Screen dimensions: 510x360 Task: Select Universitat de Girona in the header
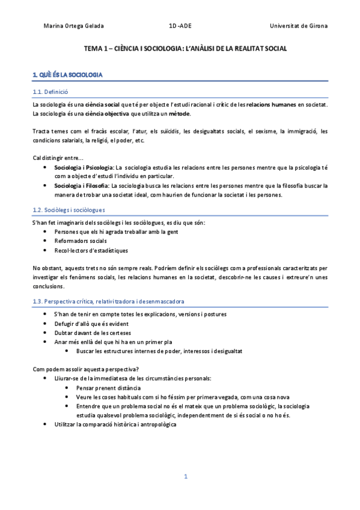pyautogui.click(x=299, y=26)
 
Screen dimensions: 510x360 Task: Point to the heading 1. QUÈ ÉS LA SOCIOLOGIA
pyautogui.click(x=67, y=75)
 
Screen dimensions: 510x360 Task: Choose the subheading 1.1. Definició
pyautogui.click(x=50, y=92)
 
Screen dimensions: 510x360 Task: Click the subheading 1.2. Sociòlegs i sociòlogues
pyautogui.click(x=69, y=210)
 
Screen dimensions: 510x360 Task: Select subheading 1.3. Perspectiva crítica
pyautogui.click(x=109, y=301)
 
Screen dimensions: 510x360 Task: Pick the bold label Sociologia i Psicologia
pyautogui.click(x=84, y=167)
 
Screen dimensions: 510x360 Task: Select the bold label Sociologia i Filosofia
pyautogui.click(x=82, y=186)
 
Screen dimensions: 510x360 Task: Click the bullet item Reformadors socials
pyautogui.click(x=81, y=241)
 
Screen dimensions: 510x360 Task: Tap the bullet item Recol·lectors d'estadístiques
pyautogui.click(x=91, y=250)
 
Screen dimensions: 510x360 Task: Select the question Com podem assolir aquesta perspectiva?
pyautogui.click(x=88, y=369)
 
